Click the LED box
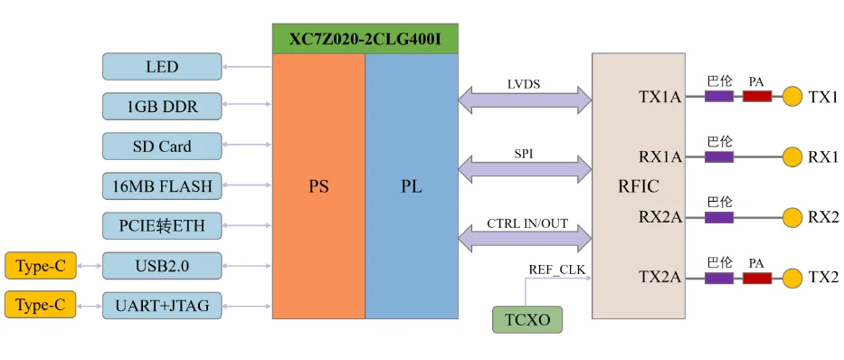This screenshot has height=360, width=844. coord(162,67)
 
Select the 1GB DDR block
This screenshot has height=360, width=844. coord(162,107)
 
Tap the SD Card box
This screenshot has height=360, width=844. coord(162,147)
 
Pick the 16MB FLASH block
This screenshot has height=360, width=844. coord(162,186)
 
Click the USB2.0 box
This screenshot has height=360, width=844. coord(162,266)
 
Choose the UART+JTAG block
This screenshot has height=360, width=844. coord(162,306)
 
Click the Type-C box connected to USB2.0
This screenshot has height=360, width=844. coord(41,266)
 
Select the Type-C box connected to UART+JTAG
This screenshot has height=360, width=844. coord(41,306)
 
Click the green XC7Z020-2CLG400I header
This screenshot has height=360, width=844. coord(365,39)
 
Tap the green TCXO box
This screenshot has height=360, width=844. coord(527,319)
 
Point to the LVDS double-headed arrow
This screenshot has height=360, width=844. coord(526,99)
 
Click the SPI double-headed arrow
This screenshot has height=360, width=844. coord(526,169)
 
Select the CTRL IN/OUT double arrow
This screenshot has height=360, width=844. coord(526,237)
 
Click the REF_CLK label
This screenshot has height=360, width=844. coord(556,269)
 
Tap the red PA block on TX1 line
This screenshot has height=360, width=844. coord(757,97)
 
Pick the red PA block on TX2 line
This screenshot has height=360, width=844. coord(757,279)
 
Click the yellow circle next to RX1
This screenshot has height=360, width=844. coord(792,157)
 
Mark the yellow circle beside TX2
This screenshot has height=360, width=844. coord(792,279)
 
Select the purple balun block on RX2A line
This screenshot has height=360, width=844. coord(719,217)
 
